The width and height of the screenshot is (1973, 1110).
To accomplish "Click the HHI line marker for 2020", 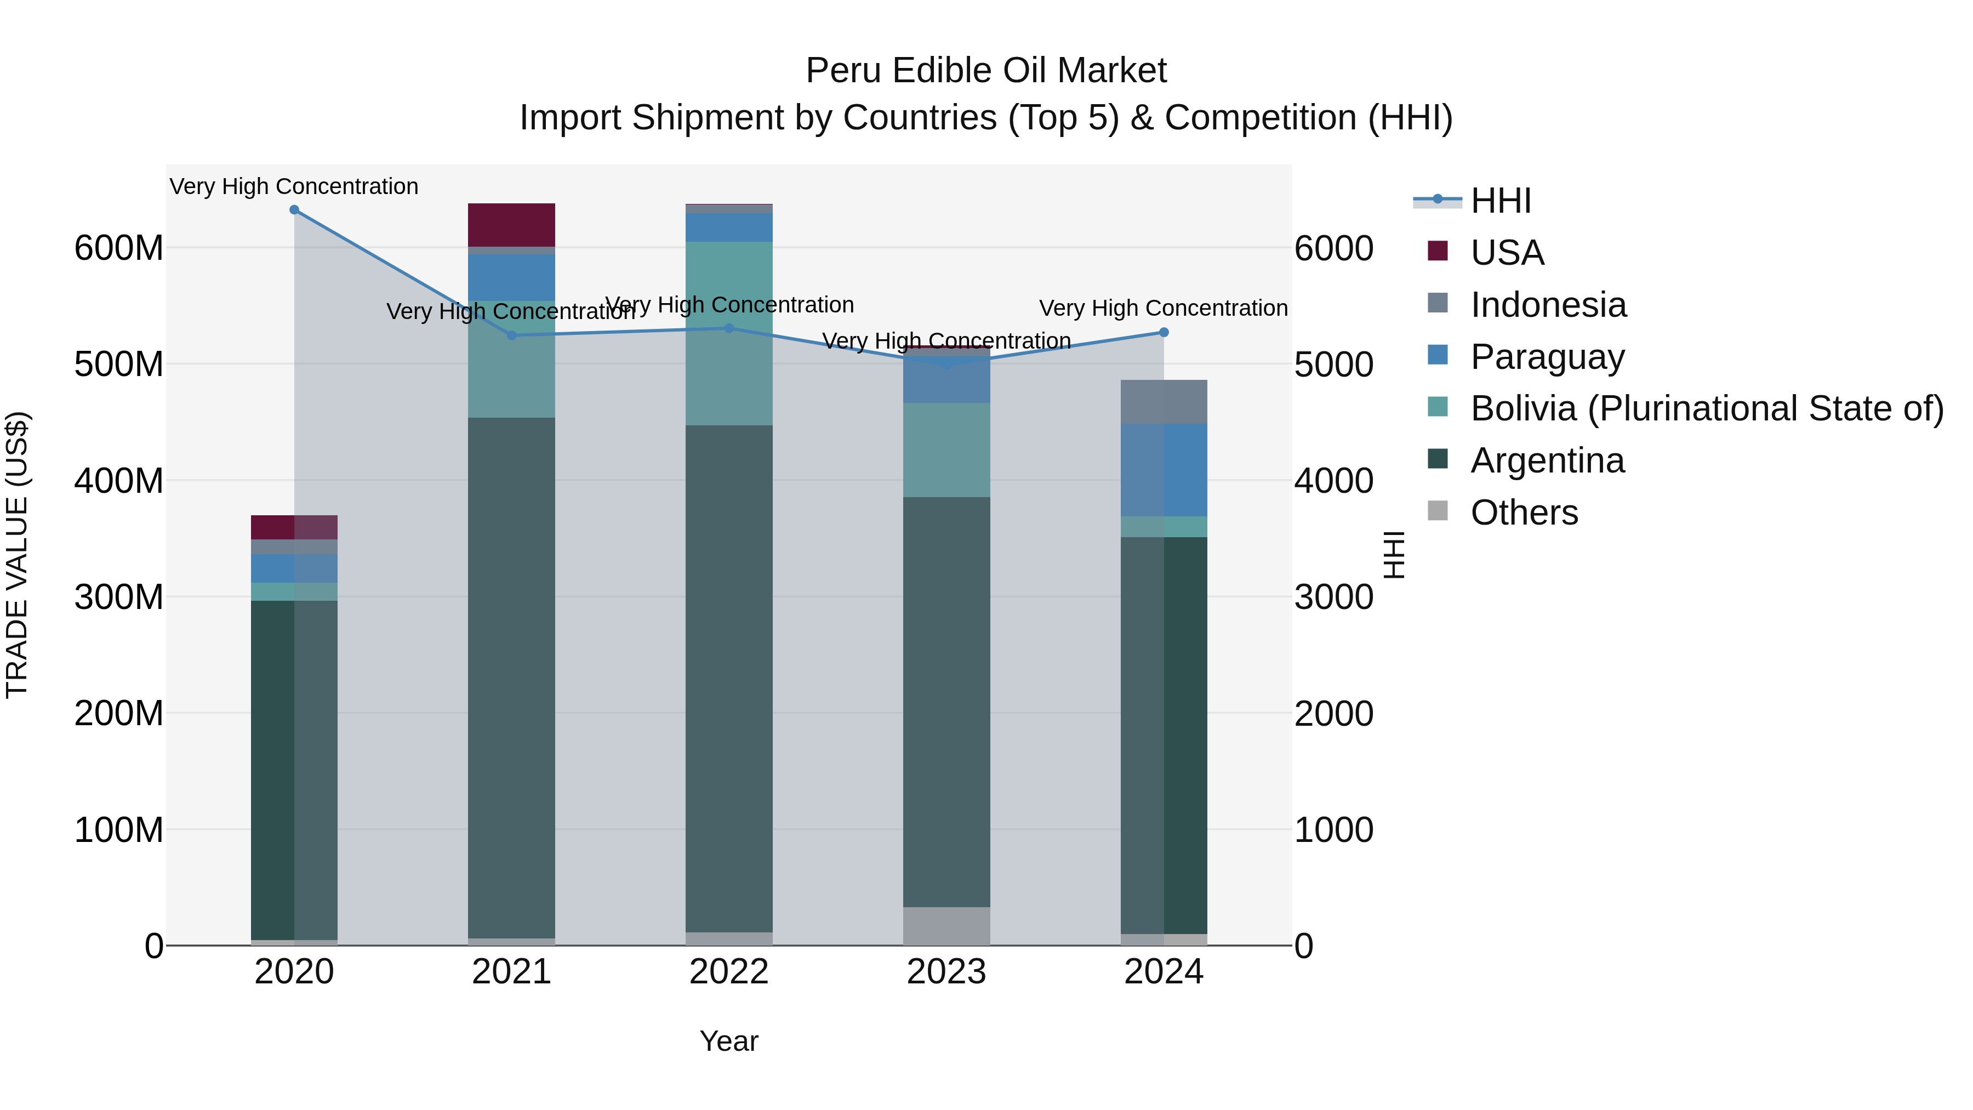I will pyautogui.click(x=294, y=210).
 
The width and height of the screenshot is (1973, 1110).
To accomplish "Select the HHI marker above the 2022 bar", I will pyautogui.click(x=729, y=329).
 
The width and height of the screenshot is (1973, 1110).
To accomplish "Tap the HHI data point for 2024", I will pyautogui.click(x=1164, y=333).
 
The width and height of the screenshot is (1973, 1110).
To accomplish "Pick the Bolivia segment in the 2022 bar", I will pyautogui.click(x=729, y=333).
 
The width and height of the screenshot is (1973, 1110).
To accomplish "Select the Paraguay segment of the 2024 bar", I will pyautogui.click(x=1164, y=470).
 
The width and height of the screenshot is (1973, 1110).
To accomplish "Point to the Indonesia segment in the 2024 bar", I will pyautogui.click(x=1164, y=401).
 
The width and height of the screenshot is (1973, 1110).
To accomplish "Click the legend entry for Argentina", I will pyautogui.click(x=1547, y=460).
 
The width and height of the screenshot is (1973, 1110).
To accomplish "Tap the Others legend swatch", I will pyautogui.click(x=1438, y=511).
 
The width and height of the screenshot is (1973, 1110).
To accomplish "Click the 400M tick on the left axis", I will pyautogui.click(x=119, y=481).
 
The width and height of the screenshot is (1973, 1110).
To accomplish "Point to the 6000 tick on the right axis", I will pyautogui.click(x=1333, y=248).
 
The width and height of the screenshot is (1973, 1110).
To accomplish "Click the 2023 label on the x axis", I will pyautogui.click(x=946, y=972).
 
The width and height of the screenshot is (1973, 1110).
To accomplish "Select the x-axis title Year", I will pyautogui.click(x=728, y=1041).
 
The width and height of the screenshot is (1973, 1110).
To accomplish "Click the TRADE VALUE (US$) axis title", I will pyautogui.click(x=17, y=555).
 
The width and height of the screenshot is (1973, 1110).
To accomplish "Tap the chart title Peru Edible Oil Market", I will pyautogui.click(x=986, y=71).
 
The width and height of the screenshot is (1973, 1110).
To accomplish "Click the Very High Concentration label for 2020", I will pyautogui.click(x=294, y=186).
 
